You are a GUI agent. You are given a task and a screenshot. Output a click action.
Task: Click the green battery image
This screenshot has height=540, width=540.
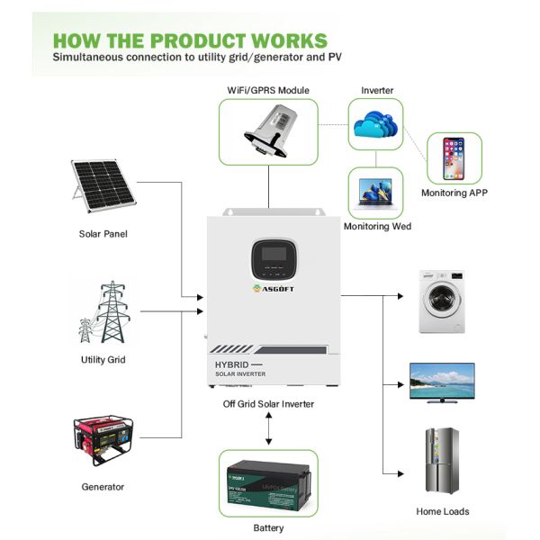[x=268, y=483]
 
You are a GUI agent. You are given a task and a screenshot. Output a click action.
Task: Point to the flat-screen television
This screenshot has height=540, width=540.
[x=443, y=381]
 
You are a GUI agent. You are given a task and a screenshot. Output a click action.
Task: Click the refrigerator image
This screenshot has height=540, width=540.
[x=442, y=460]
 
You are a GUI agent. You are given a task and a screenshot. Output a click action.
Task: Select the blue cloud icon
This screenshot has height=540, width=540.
[x=375, y=124]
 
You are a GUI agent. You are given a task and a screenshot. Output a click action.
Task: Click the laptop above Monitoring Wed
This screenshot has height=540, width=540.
[x=375, y=192]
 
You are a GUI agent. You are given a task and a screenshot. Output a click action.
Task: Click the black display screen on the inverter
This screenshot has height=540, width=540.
[x=269, y=258]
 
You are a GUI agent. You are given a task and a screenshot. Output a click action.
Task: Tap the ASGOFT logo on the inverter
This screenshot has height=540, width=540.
[x=269, y=289]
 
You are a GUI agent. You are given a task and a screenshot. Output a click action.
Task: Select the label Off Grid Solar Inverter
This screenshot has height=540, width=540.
[x=269, y=404]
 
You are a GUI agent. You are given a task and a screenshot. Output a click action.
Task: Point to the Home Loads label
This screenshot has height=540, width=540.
[x=442, y=511]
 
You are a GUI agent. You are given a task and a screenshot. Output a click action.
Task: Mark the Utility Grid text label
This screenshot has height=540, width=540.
[x=103, y=360]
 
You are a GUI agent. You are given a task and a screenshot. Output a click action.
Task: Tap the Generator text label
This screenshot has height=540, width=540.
[x=103, y=487]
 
